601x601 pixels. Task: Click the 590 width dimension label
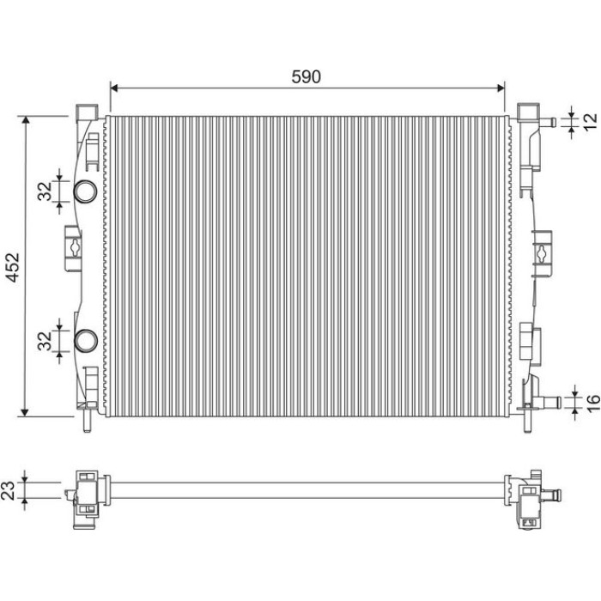click(x=306, y=76)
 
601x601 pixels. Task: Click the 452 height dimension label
click(x=14, y=267)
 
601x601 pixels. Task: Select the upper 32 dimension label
click(x=45, y=191)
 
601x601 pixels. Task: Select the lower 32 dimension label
click(x=45, y=341)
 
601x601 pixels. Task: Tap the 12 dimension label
click(x=591, y=122)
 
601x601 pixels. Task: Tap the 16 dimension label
click(x=592, y=403)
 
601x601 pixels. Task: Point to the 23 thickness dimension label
click(x=9, y=490)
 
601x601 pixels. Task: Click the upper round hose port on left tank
click(x=85, y=191)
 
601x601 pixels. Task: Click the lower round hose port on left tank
click(x=86, y=341)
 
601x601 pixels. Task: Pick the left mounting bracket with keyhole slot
click(x=73, y=248)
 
